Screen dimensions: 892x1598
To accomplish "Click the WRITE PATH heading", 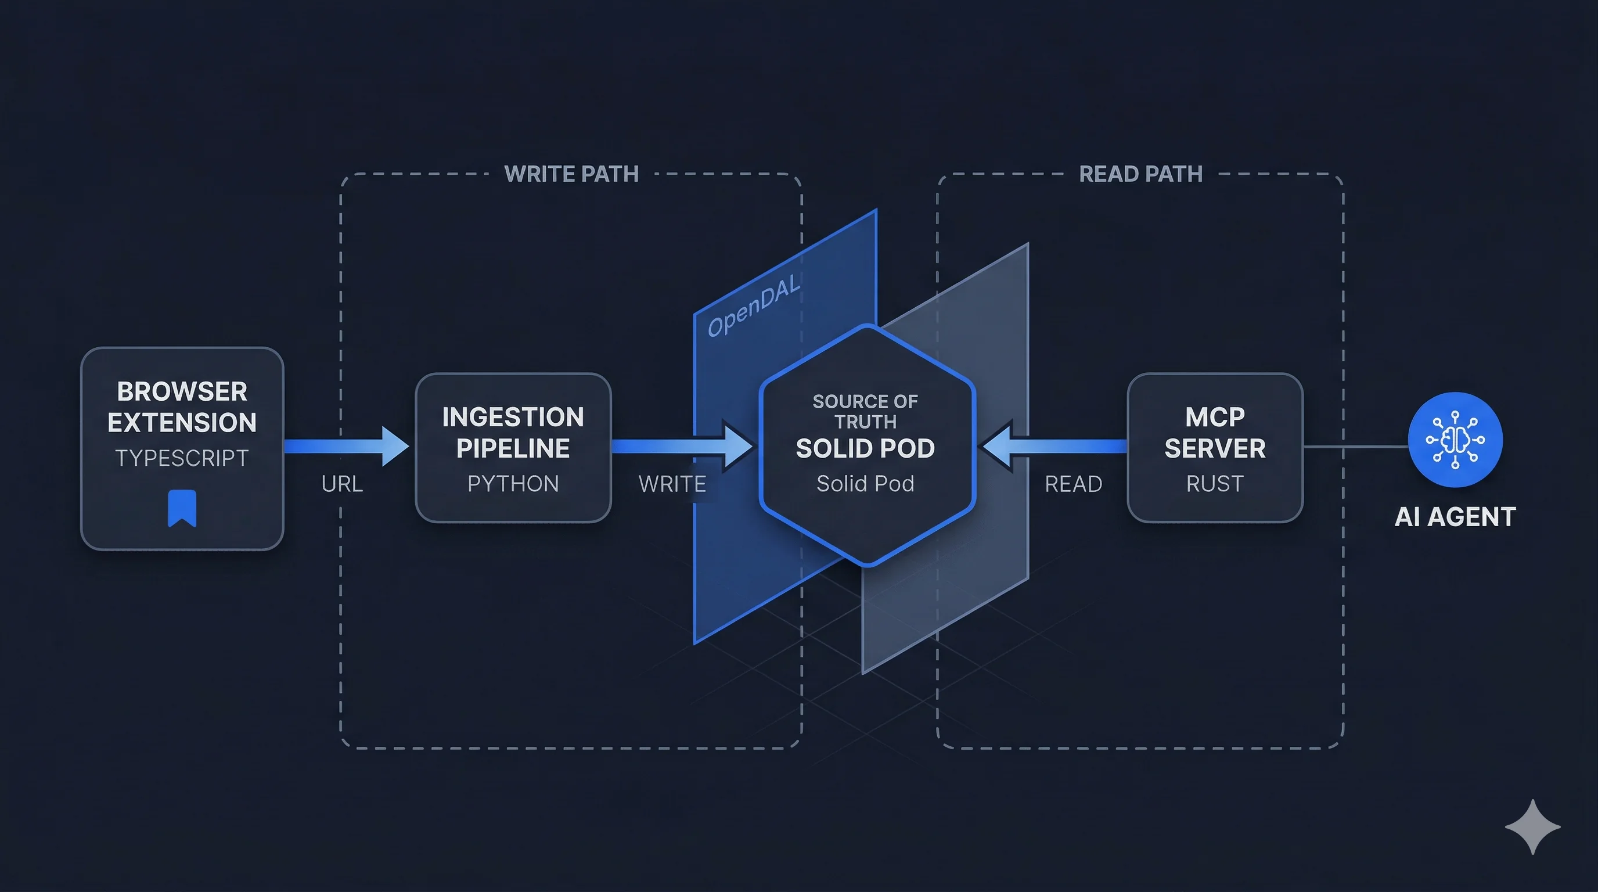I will click(x=571, y=174).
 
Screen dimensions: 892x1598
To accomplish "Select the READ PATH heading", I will click(x=1140, y=174).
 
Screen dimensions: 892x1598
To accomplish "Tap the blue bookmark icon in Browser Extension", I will click(x=182, y=508).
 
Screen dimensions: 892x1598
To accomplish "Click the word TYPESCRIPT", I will click(x=182, y=458).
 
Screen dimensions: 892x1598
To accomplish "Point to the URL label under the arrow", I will click(x=342, y=484).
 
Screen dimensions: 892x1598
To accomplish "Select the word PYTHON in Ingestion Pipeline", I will click(x=513, y=484).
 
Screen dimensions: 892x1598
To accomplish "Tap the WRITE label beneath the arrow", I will click(x=672, y=484).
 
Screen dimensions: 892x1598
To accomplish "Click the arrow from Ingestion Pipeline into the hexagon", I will click(x=682, y=446).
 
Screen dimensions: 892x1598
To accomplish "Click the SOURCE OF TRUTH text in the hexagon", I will click(x=865, y=411).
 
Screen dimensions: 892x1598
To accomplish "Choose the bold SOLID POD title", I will click(x=865, y=448).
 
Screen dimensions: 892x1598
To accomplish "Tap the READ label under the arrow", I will click(x=1073, y=484).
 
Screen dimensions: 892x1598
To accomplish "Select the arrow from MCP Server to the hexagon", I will click(x=1054, y=446).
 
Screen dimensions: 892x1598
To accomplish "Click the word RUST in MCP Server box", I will click(x=1215, y=484).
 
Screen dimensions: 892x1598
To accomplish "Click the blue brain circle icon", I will click(x=1455, y=440).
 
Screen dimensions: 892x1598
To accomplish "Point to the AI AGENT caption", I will click(x=1455, y=517).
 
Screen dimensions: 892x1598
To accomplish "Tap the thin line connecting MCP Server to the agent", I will click(x=1355, y=446).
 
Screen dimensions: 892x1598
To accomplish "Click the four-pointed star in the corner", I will click(x=1532, y=827).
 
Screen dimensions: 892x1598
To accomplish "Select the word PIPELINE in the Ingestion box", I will click(x=513, y=448).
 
